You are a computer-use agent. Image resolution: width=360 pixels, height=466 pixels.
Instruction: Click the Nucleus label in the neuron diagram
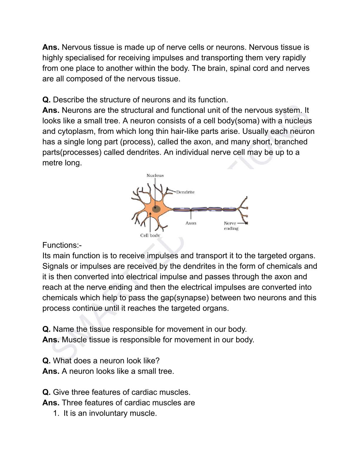pyautogui.click(x=155, y=175)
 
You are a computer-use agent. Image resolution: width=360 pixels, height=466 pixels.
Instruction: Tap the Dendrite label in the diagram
pyautogui.click(x=185, y=192)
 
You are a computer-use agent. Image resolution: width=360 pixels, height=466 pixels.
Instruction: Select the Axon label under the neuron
pyautogui.click(x=191, y=223)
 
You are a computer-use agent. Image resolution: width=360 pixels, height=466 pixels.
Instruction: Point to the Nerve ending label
pyautogui.click(x=231, y=226)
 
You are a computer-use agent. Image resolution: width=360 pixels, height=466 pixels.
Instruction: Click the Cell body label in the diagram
pyautogui.click(x=150, y=235)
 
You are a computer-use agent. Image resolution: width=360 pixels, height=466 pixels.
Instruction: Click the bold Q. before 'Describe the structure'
pyautogui.click(x=46, y=100)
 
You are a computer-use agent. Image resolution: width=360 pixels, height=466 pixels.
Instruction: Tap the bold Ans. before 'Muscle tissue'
pyautogui.click(x=51, y=339)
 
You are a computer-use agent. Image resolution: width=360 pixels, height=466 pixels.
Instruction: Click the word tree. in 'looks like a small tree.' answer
pyautogui.click(x=166, y=371)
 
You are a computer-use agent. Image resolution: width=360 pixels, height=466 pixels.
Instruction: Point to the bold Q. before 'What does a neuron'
pyautogui.click(x=46, y=361)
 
